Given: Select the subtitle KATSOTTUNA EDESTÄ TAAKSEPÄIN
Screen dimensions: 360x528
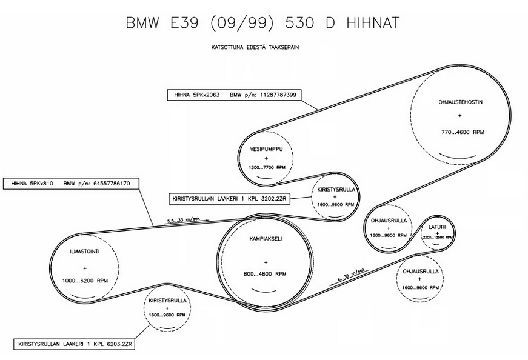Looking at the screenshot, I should pyautogui.click(x=263, y=47).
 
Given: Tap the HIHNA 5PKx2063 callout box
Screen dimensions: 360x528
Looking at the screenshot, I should pyautogui.click(x=235, y=95).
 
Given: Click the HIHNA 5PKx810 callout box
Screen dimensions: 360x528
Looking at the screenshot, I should pyautogui.click(x=71, y=182).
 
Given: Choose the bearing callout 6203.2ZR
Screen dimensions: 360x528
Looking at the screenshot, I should pyautogui.click(x=76, y=343).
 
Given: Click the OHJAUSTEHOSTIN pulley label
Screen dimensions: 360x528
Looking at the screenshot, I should pyautogui.click(x=460, y=102).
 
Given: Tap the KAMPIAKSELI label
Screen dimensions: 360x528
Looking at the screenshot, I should pyautogui.click(x=266, y=238).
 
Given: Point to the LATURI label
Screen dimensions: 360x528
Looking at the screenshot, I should pyautogui.click(x=436, y=226).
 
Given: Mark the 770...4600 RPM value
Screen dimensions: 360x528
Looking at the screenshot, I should pyautogui.click(x=461, y=132).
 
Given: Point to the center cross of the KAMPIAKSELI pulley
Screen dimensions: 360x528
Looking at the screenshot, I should pyautogui.click(x=266, y=262).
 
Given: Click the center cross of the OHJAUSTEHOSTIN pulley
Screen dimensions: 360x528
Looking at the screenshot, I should pyautogui.click(x=460, y=115).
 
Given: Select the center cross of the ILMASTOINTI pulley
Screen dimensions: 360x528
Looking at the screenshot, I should pyautogui.click(x=85, y=268).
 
